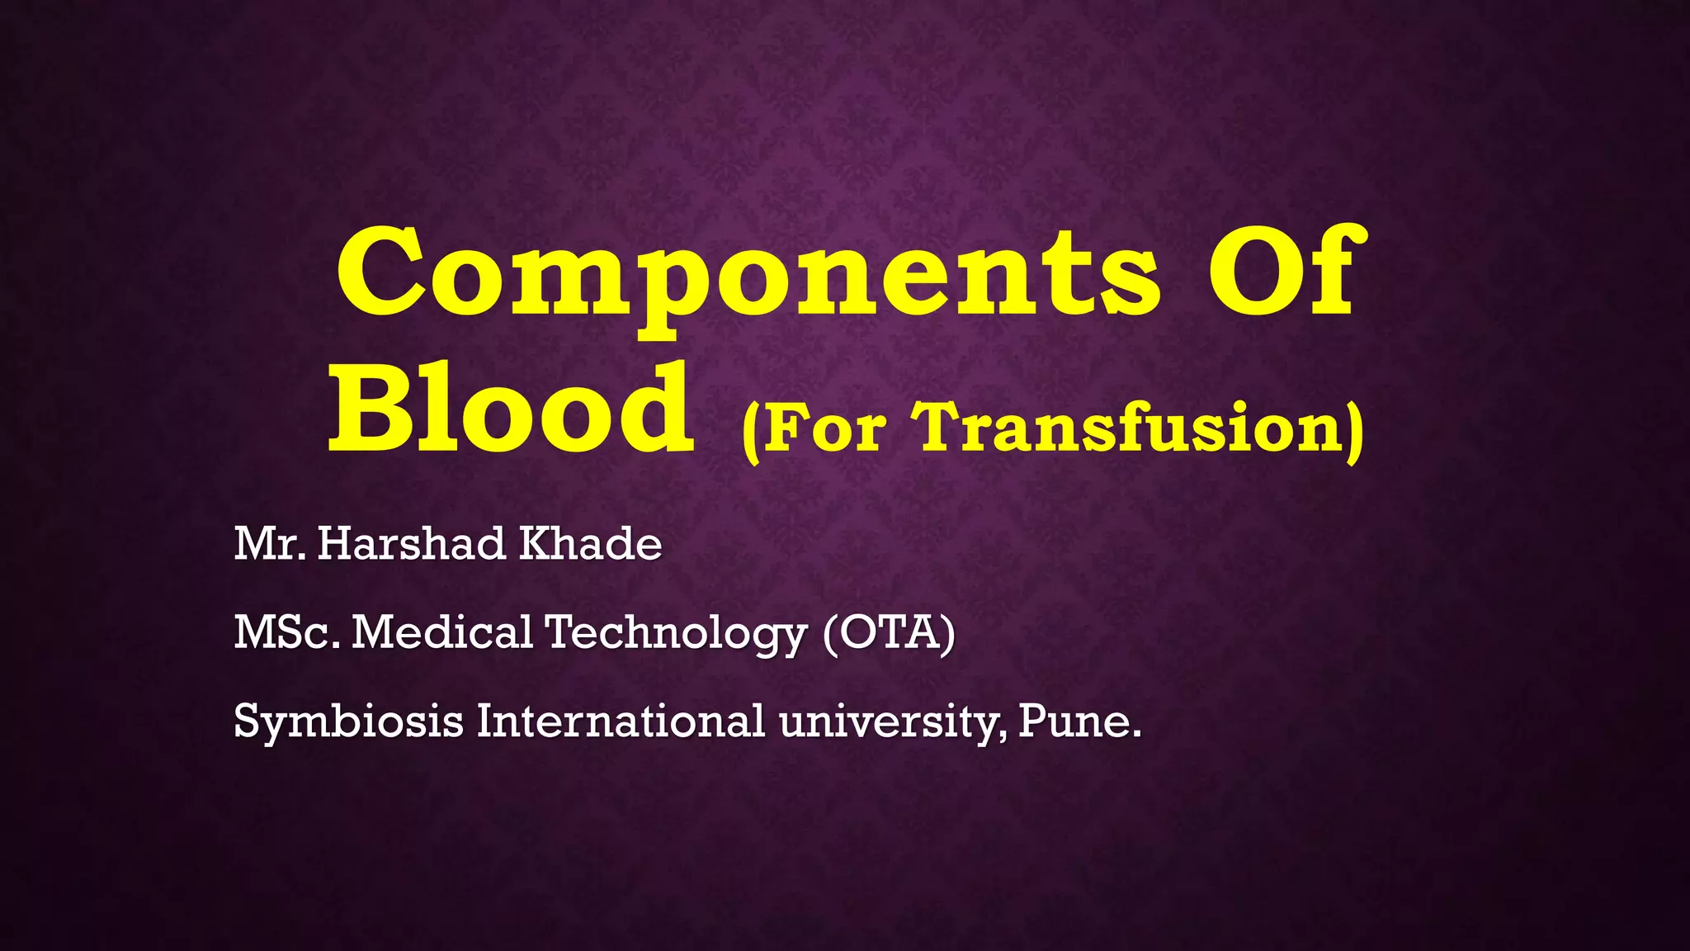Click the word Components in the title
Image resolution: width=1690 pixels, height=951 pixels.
coord(747,277)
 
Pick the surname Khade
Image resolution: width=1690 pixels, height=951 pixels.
coord(590,544)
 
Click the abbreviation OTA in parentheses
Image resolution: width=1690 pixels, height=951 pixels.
coord(890,632)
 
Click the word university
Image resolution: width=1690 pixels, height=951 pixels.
coord(893,722)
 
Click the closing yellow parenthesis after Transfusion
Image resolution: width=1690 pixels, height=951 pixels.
coord(1354,431)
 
